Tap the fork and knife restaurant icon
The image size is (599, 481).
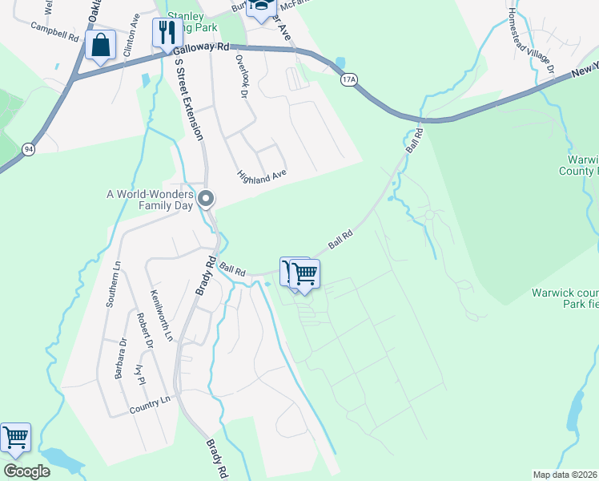[x=167, y=33]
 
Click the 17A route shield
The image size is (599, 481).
[x=348, y=80]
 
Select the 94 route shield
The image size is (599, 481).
[x=29, y=149]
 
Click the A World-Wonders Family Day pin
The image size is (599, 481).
[x=207, y=198]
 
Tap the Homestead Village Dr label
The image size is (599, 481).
[x=532, y=42]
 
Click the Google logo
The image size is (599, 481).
[x=26, y=471]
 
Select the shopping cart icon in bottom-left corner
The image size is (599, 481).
[x=15, y=439]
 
